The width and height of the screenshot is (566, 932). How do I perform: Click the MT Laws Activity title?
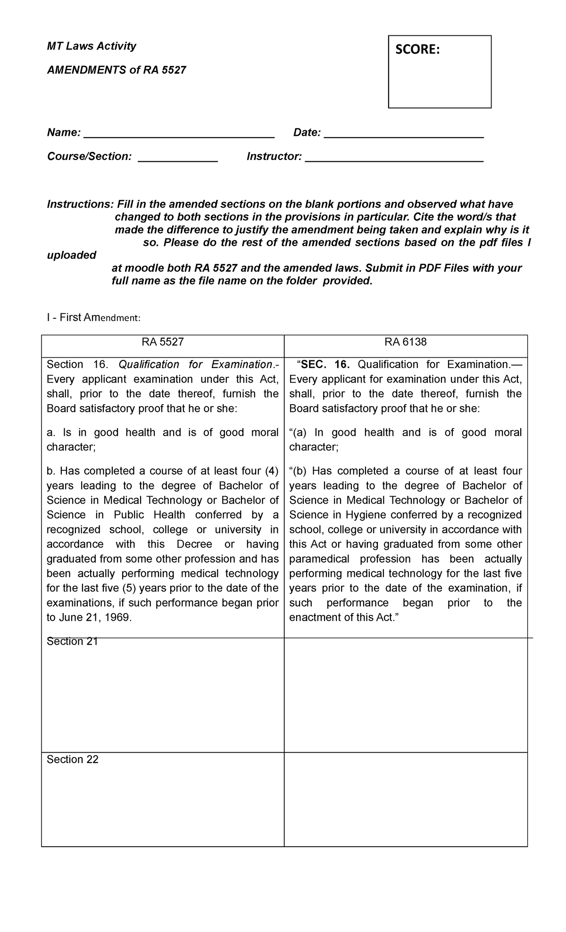tap(92, 46)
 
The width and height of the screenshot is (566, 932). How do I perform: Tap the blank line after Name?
tap(179, 133)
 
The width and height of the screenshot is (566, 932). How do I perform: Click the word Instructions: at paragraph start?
tap(80, 204)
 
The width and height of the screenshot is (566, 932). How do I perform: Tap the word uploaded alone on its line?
tap(71, 255)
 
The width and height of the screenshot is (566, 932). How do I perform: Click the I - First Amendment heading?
tap(93, 318)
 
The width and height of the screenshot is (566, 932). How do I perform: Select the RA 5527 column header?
tap(163, 342)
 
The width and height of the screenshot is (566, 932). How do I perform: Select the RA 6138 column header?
tap(406, 342)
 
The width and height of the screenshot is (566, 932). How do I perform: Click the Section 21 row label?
tap(72, 641)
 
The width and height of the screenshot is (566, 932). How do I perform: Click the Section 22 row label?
tap(72, 759)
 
